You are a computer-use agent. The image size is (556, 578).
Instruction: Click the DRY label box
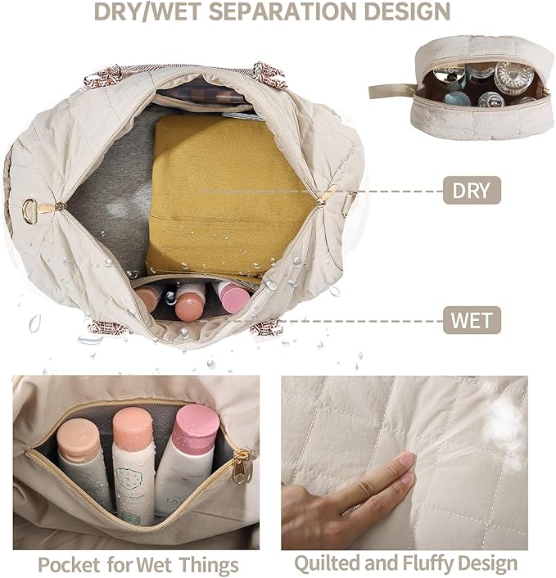(x=472, y=192)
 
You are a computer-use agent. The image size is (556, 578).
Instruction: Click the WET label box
(x=472, y=319)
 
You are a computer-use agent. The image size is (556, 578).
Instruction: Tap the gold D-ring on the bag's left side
(x=30, y=211)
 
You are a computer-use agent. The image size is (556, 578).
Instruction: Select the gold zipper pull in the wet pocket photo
(x=242, y=467)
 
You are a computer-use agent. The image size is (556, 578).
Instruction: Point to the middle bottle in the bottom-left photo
(x=133, y=467)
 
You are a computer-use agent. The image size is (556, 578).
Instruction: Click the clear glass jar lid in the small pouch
(x=513, y=78)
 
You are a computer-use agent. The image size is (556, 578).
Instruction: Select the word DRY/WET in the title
(x=143, y=11)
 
